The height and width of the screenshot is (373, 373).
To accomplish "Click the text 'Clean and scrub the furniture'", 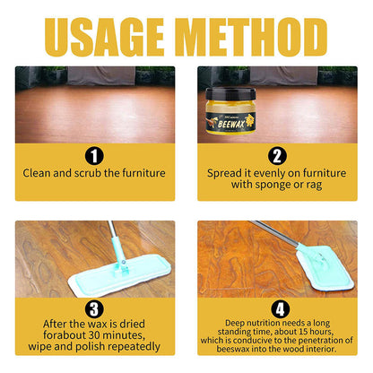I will [94, 171].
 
